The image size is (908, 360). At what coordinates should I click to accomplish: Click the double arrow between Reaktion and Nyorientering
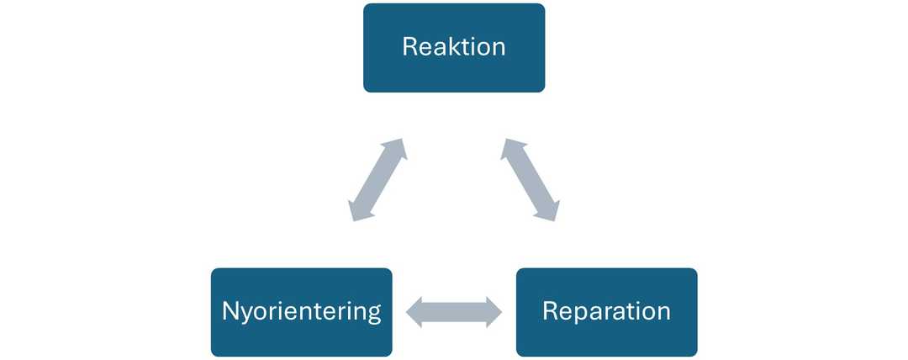(378, 180)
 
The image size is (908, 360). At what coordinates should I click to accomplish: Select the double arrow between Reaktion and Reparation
(530, 180)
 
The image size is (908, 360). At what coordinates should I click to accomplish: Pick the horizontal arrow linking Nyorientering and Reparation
(454, 313)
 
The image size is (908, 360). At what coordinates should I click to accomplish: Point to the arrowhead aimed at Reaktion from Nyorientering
(398, 150)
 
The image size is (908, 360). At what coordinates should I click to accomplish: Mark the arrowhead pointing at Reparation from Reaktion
(549, 210)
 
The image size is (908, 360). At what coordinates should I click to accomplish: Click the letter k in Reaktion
(449, 45)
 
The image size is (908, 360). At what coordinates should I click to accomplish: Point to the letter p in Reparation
(578, 313)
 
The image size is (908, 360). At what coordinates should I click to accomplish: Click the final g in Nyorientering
(372, 314)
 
